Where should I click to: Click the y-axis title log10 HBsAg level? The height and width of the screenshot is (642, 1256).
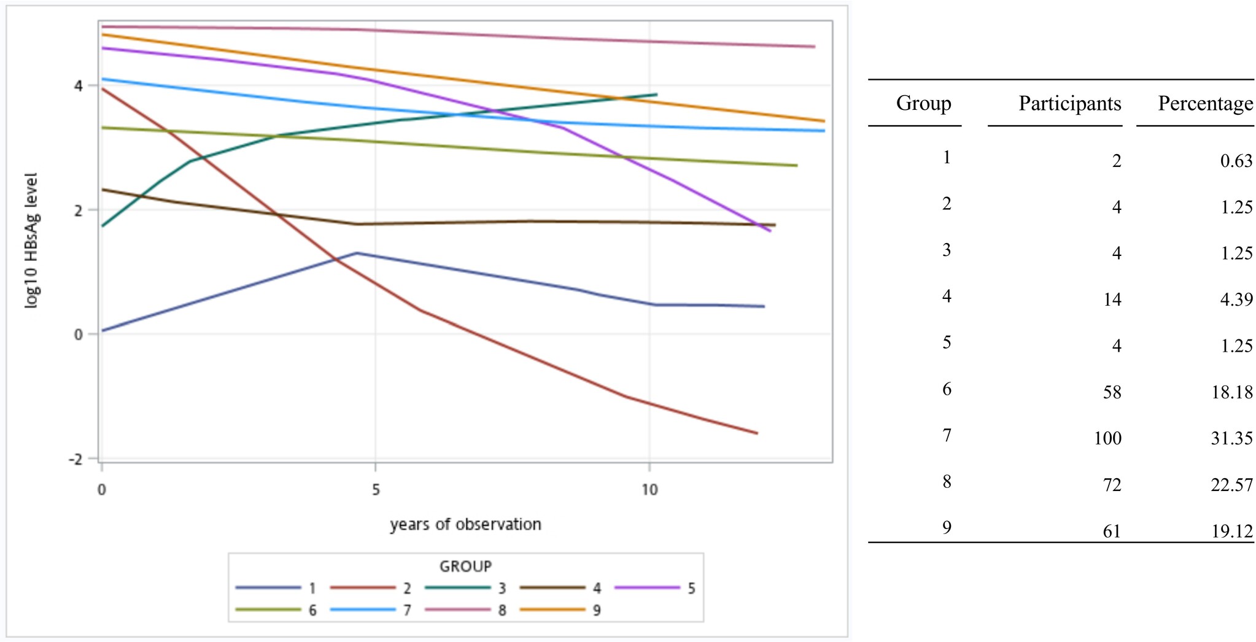[31, 240]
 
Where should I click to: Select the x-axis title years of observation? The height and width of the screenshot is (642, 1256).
[465, 524]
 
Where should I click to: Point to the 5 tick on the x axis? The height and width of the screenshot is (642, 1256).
[375, 489]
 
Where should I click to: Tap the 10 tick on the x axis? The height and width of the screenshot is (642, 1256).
[649, 489]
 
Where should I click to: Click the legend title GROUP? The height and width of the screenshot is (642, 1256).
[465, 566]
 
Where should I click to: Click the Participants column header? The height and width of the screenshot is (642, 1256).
[1069, 103]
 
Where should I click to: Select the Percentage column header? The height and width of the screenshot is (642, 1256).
[1205, 103]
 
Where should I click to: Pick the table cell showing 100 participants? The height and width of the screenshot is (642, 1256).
[1107, 438]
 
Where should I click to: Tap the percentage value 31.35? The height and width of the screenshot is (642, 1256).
[1231, 438]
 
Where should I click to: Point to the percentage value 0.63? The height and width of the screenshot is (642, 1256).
[1236, 160]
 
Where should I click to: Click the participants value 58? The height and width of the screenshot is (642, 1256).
[1112, 392]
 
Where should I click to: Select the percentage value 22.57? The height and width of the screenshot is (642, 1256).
[1231, 485]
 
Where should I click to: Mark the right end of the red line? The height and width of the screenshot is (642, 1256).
[757, 433]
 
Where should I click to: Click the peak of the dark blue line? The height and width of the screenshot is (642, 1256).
[357, 253]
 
